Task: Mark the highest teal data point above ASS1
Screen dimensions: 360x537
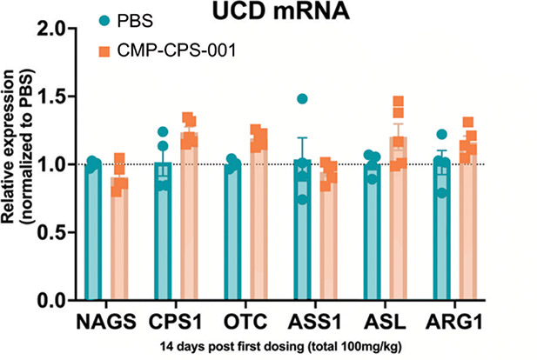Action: [x=303, y=99]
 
